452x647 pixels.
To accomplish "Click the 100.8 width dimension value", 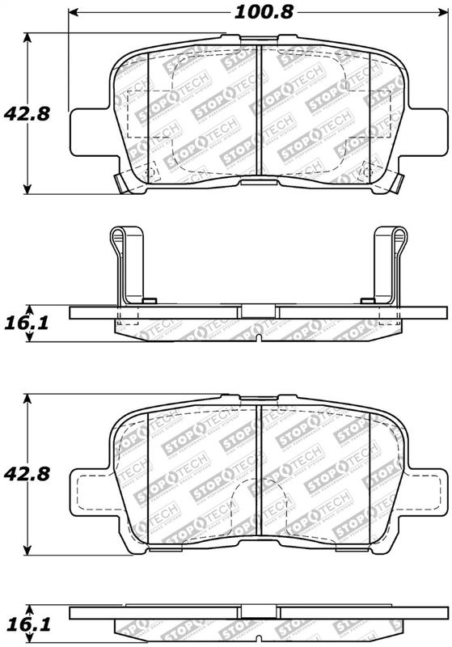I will (252, 11).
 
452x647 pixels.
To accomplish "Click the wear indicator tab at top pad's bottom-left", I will (122, 183).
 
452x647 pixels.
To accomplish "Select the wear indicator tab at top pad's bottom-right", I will (394, 183).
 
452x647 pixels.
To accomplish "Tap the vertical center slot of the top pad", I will (257, 109).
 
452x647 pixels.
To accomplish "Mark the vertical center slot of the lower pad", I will (257, 469).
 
